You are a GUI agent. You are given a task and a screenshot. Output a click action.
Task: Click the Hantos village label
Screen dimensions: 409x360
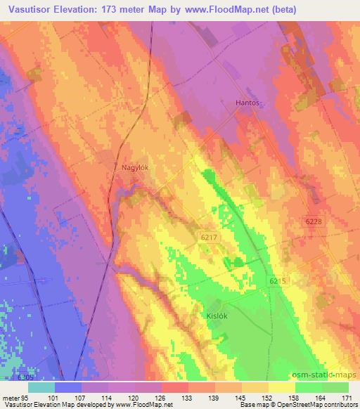click(247, 103)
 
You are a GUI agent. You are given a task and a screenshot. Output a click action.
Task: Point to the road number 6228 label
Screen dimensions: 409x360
click(314, 221)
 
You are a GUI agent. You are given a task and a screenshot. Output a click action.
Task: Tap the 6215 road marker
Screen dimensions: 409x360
click(278, 281)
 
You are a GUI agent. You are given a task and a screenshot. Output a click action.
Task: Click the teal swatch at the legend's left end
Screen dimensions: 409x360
click(41, 387)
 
